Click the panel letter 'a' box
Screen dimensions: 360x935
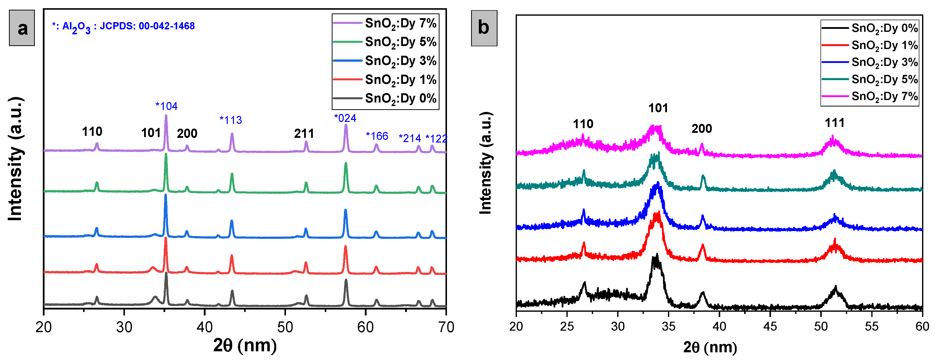pos(22,28)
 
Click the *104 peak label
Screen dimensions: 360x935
pos(166,106)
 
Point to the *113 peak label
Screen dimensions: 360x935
pos(231,120)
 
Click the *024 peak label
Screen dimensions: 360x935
pos(345,118)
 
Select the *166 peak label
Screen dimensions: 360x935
pos(377,136)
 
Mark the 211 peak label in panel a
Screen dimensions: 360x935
pos(304,134)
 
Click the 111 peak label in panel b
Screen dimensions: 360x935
pos(834,123)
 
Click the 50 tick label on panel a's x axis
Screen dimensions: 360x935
pos(285,327)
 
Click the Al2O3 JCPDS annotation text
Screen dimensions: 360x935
pos(123,26)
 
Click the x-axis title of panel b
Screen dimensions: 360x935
pos(710,347)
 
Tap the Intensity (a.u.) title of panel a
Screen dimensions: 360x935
pos(16,159)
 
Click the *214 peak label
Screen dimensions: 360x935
pos(410,138)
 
